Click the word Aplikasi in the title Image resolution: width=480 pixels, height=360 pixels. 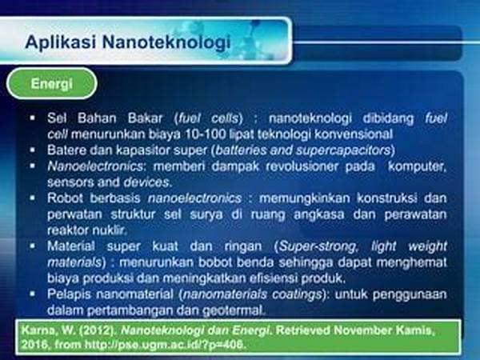[60, 42]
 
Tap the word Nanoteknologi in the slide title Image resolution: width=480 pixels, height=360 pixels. [166, 42]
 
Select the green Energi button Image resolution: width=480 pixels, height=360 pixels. [51, 83]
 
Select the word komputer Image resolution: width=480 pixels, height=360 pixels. [417, 166]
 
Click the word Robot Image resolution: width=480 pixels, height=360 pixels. [66, 198]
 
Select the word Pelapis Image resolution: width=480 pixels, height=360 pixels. [69, 294]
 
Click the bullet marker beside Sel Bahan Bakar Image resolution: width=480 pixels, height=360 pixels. [33, 118]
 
